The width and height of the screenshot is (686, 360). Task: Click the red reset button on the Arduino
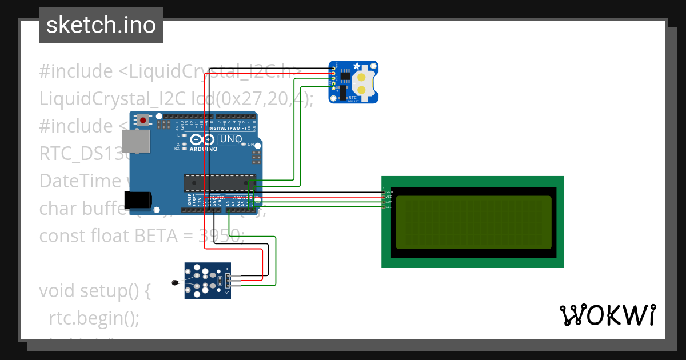(x=142, y=120)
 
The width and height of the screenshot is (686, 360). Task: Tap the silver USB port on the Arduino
(x=135, y=141)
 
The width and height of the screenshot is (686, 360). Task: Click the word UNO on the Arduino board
(x=231, y=139)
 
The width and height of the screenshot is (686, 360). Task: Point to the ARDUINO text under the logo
(x=203, y=149)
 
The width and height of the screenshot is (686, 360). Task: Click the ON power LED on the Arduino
(x=244, y=145)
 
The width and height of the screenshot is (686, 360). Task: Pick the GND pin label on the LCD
(x=389, y=192)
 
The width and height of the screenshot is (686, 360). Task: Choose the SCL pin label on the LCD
(x=389, y=207)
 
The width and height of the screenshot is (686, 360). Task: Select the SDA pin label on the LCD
(x=389, y=202)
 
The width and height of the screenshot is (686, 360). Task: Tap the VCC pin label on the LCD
(x=389, y=197)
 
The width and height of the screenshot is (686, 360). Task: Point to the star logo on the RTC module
(x=357, y=66)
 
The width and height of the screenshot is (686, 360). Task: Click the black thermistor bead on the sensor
(x=174, y=282)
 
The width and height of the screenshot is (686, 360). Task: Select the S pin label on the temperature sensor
(x=228, y=294)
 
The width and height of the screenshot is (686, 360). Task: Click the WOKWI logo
(x=607, y=315)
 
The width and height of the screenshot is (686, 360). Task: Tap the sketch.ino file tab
(x=101, y=25)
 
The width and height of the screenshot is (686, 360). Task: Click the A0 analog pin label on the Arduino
(x=228, y=203)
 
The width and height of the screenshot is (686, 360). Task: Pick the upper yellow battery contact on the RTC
(x=362, y=77)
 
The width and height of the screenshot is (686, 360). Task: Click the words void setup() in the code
(x=94, y=291)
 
